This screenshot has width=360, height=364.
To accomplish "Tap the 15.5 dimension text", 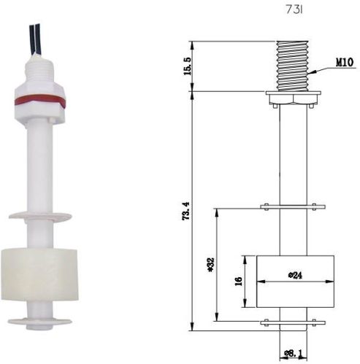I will coord(188,66).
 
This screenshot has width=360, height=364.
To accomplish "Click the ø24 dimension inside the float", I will coord(295,275).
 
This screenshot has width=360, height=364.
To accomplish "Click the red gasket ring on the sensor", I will coord(38,101).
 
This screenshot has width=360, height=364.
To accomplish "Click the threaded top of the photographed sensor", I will coord(37,70).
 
